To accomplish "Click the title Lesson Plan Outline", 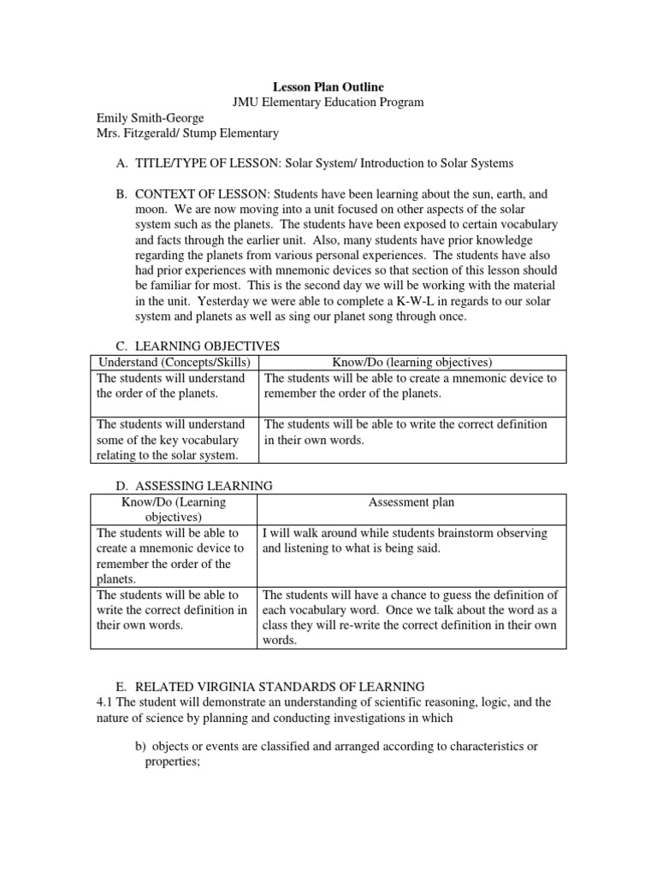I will [328, 86].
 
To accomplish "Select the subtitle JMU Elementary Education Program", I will [328, 102].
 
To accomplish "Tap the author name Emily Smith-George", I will [150, 118].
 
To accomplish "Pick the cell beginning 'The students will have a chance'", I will [411, 618].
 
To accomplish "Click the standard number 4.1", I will [101, 701].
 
